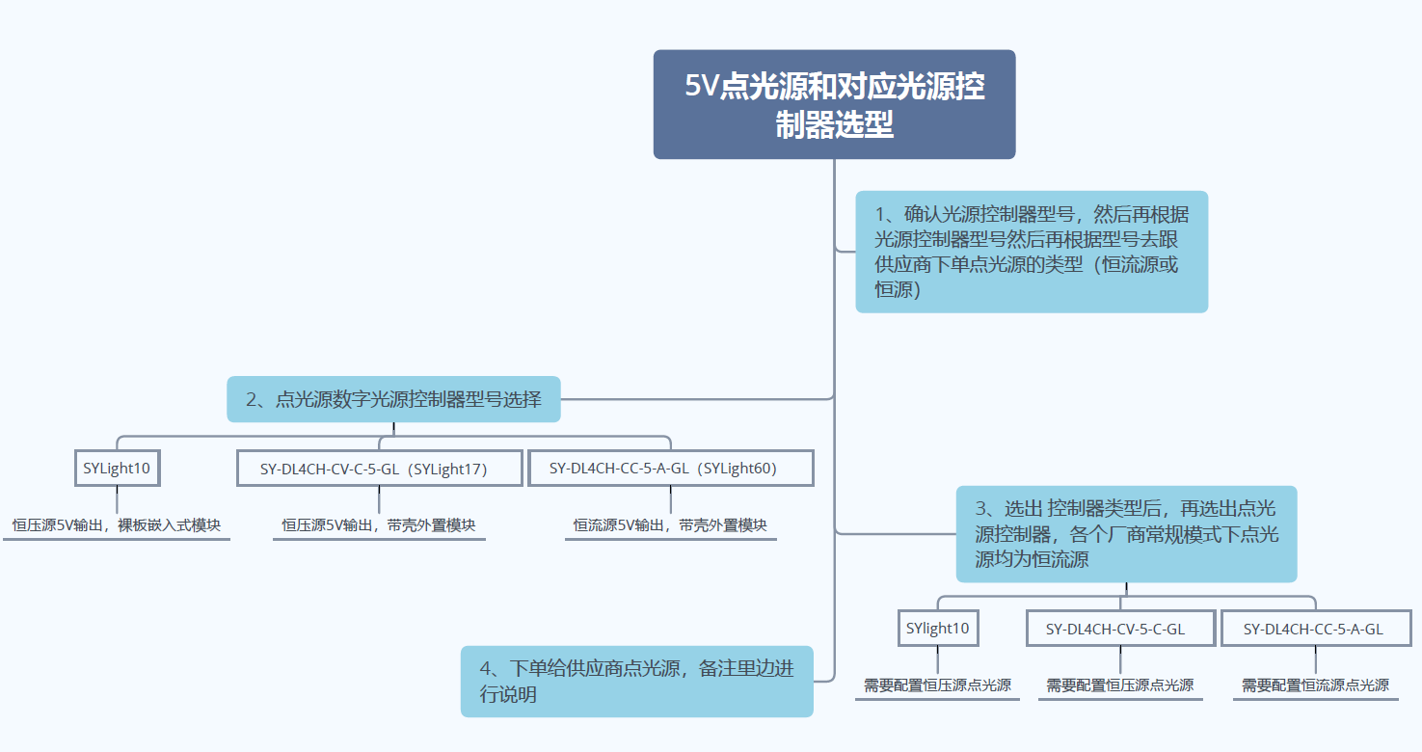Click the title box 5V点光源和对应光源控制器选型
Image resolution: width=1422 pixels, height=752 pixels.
coord(834,104)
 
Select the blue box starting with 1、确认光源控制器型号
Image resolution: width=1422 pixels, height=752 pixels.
coord(1031,252)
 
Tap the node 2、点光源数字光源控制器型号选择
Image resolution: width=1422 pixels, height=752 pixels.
coord(393,399)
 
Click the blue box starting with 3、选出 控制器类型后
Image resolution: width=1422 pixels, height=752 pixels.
coord(1126,534)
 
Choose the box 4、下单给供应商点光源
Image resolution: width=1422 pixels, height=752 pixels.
coord(636,681)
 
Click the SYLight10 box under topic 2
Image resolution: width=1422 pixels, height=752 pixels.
coord(117,469)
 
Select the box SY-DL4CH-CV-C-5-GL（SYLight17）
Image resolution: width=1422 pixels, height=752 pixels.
coord(379,470)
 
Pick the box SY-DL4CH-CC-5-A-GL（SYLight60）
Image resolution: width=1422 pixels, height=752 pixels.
coord(670,469)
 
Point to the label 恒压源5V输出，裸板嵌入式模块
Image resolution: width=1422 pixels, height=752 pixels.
coord(117,525)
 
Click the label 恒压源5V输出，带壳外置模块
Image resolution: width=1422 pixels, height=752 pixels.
coord(379,525)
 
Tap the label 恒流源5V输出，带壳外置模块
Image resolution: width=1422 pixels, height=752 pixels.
coord(670,525)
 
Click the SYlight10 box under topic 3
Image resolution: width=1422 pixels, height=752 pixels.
coord(937,629)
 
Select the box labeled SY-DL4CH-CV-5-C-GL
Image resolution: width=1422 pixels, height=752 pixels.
coord(1119,630)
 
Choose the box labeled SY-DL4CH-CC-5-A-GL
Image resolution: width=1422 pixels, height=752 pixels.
coord(1315,630)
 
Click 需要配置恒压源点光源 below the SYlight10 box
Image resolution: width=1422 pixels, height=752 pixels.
coord(937,685)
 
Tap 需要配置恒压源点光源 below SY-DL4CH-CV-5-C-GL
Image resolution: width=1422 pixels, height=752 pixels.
coord(1119,685)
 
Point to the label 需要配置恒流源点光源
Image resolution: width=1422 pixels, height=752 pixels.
coord(1315,685)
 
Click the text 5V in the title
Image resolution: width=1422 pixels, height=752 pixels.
coord(701,87)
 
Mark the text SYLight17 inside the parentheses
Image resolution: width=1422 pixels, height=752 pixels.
coord(444,470)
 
